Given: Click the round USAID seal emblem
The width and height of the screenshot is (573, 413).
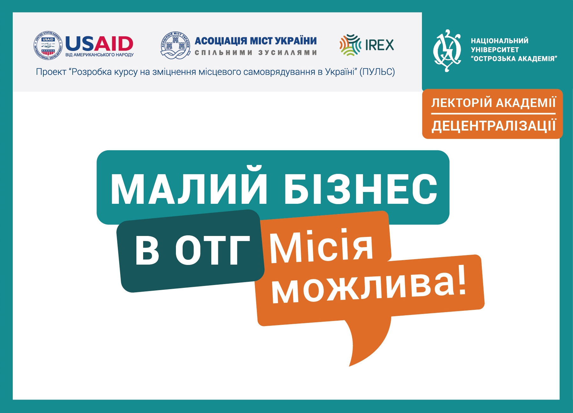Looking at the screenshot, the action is click(x=48, y=46).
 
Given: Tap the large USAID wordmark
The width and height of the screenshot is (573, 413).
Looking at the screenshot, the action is click(x=99, y=44).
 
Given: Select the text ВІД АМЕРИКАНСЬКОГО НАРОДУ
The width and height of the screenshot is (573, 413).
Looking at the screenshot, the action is click(x=99, y=55).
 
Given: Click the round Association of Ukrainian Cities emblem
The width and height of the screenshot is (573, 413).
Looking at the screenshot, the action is click(x=176, y=46).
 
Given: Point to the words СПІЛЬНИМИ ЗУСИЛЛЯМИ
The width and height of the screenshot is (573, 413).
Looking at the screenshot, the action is click(x=256, y=53).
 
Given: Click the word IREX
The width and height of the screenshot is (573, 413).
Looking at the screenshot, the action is click(x=380, y=45).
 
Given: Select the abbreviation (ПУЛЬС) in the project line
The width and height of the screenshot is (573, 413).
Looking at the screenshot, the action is click(x=377, y=72).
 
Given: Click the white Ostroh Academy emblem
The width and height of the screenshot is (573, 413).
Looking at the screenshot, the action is click(x=447, y=50).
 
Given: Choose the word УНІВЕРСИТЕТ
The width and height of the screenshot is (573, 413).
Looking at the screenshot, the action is click(x=495, y=50).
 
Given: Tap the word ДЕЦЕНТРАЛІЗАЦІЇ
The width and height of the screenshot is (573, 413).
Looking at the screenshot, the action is click(x=494, y=125).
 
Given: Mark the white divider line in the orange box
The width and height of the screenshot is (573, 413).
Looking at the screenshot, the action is click(x=493, y=113).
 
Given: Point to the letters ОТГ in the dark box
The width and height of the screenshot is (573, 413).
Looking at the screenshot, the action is click(x=212, y=251).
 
